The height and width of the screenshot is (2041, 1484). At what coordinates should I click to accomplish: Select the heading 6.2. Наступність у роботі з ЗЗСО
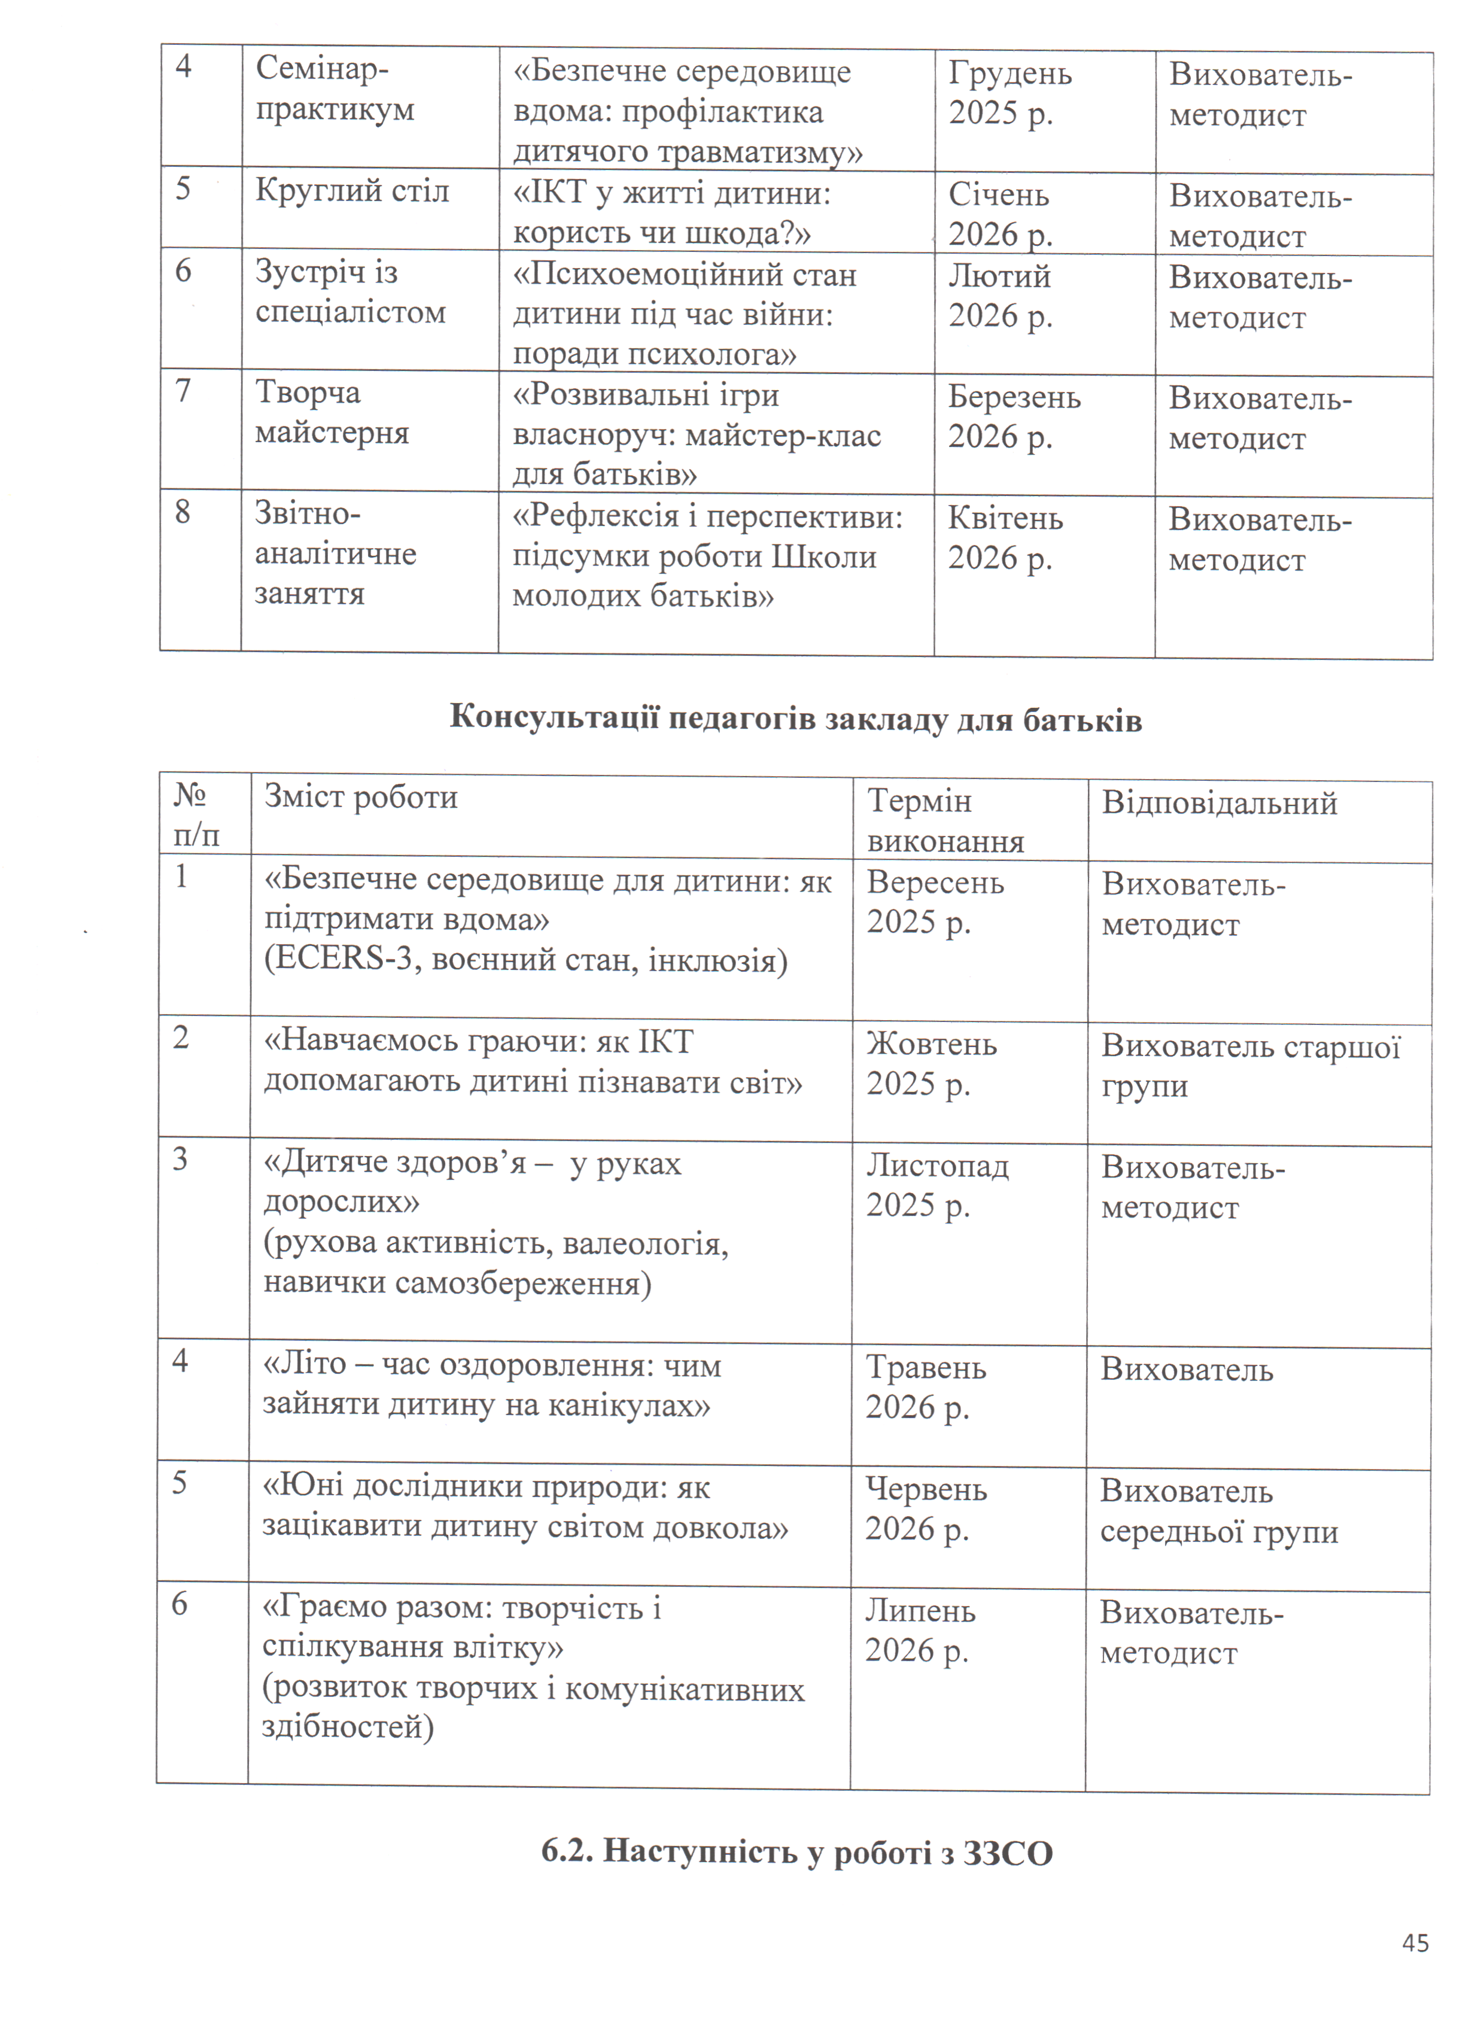click(x=796, y=1852)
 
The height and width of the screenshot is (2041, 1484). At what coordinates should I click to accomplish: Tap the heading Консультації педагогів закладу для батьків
click(x=795, y=719)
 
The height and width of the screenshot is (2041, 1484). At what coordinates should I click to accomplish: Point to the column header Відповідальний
click(x=1220, y=803)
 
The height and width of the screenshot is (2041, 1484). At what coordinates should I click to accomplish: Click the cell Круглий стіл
click(x=352, y=191)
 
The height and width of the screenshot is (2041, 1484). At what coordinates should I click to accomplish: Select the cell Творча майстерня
click(x=332, y=412)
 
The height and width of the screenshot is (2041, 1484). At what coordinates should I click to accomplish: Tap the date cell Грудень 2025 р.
click(x=1009, y=93)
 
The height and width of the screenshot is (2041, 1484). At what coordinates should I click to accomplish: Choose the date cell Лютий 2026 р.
click(x=1000, y=295)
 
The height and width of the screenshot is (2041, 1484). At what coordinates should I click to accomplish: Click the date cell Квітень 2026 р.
click(x=1004, y=538)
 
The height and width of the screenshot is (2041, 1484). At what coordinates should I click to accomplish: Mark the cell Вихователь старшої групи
click(x=1250, y=1066)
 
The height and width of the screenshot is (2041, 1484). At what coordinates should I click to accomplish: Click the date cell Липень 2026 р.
click(x=920, y=1630)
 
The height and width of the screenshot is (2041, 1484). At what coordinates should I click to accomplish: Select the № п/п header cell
click(x=196, y=816)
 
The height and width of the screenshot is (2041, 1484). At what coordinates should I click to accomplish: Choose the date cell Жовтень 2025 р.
click(x=932, y=1064)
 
